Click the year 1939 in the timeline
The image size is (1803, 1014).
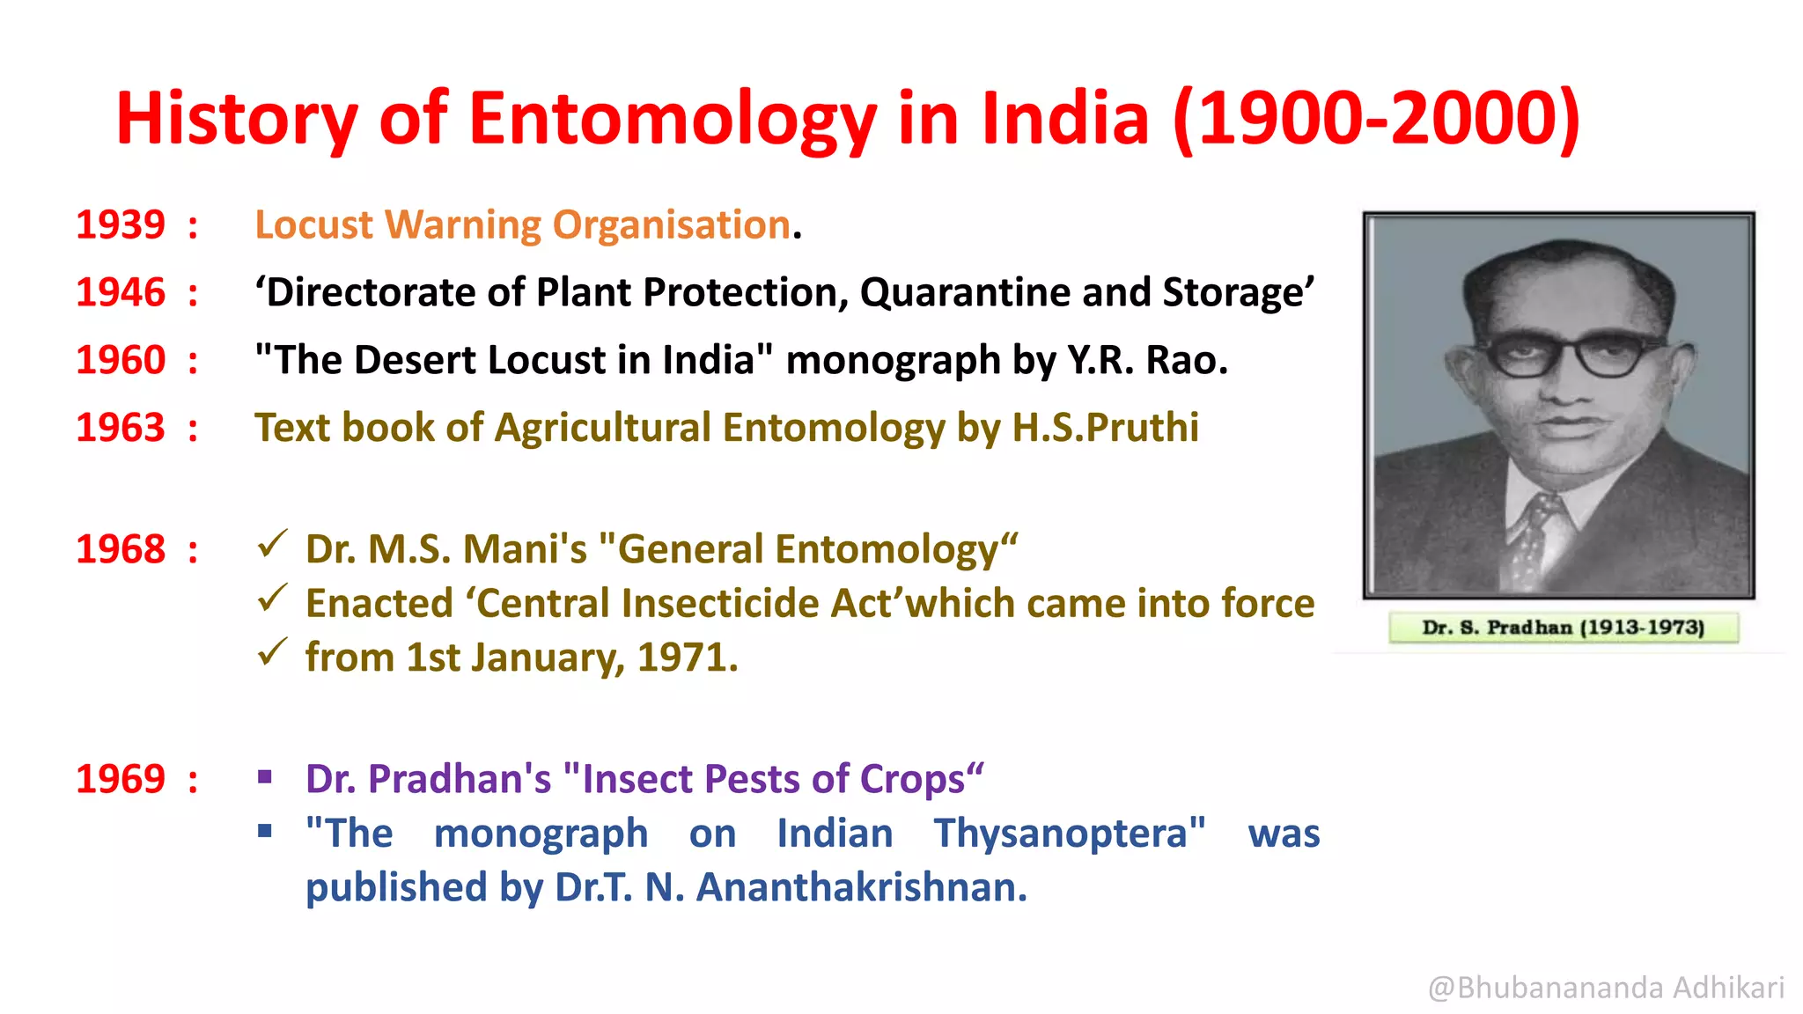tap(121, 225)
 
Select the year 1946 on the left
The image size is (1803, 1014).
tap(121, 293)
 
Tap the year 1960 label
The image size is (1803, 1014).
tap(121, 361)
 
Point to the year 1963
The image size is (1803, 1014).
tap(121, 429)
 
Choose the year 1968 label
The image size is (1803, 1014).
tap(121, 550)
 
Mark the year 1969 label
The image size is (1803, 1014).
tap(121, 780)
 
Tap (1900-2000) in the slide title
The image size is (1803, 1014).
tap(1376, 120)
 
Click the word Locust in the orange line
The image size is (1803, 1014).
tap(313, 225)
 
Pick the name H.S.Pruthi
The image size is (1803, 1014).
tap(1105, 429)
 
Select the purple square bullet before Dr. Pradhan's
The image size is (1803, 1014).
tap(265, 776)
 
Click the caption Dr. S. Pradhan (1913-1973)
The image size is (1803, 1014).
tap(1563, 628)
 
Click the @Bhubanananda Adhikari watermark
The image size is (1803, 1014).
tap(1606, 988)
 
